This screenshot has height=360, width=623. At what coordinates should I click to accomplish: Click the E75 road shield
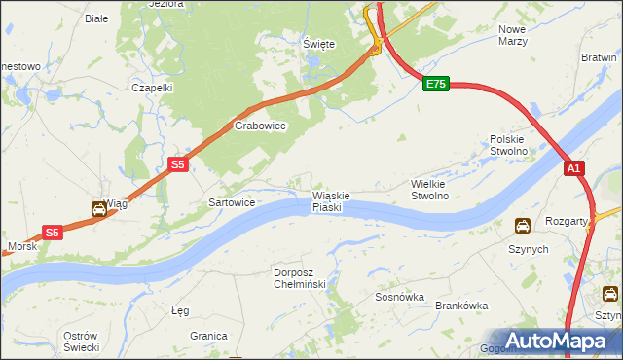click(x=435, y=85)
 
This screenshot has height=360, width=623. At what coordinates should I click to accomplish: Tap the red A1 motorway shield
click(x=575, y=169)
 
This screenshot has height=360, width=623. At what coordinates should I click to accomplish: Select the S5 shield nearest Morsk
click(x=53, y=233)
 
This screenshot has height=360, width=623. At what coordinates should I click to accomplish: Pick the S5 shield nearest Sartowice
click(x=177, y=165)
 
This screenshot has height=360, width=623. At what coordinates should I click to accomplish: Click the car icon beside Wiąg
click(x=99, y=207)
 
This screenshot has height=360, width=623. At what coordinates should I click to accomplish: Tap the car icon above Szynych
click(x=522, y=226)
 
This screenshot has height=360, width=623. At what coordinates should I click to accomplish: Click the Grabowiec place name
click(x=258, y=126)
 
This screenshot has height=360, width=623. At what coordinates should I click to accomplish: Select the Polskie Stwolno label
click(x=507, y=145)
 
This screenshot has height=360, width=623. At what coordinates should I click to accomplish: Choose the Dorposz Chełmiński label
click(x=305, y=277)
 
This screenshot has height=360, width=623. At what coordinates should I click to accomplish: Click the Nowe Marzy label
click(x=512, y=36)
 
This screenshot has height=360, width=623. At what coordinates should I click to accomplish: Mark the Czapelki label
click(x=152, y=87)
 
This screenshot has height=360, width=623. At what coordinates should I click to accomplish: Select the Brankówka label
click(x=461, y=306)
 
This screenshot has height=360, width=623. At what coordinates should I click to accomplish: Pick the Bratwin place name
click(x=599, y=57)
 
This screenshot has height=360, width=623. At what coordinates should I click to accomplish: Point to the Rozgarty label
click(x=567, y=221)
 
